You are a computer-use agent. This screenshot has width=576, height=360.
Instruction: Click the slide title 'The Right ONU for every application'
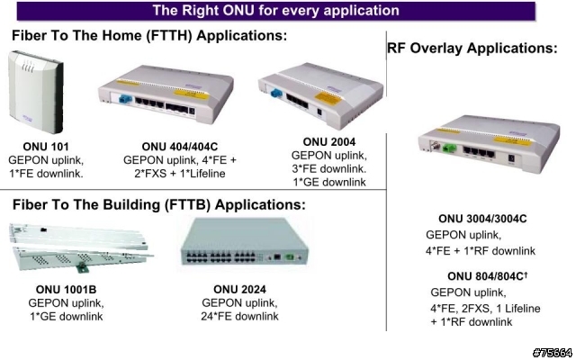tap(276, 10)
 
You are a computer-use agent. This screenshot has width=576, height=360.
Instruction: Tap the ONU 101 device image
tap(36, 92)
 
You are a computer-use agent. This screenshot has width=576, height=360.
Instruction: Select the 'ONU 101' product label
tap(46, 147)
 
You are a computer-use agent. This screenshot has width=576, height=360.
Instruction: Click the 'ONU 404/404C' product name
tap(180, 147)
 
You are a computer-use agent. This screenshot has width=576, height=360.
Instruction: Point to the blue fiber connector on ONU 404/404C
tap(124, 99)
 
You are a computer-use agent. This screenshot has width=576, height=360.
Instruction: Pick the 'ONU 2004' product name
tap(329, 142)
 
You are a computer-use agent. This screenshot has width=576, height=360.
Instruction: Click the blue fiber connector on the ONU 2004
tap(276, 92)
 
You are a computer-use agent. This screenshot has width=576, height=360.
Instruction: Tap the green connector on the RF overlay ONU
tap(449, 148)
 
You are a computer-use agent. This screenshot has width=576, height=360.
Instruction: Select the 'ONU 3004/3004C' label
tap(482, 219)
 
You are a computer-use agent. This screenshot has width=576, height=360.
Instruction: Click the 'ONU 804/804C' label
tap(485, 276)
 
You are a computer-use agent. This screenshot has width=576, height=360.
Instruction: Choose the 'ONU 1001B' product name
tap(66, 290)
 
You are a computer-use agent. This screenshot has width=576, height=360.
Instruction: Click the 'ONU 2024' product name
tap(239, 290)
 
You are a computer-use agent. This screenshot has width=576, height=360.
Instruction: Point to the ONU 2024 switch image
tap(245, 242)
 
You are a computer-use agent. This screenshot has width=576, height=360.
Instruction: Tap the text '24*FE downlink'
tap(239, 316)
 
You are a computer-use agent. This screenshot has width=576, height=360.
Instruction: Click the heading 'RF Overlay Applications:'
tap(472, 48)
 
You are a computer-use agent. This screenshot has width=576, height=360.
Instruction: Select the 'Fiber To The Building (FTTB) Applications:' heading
tap(159, 204)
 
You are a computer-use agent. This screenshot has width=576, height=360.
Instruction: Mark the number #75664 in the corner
tap(553, 353)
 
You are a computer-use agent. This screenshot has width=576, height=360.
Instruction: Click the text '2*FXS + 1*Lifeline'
tap(180, 174)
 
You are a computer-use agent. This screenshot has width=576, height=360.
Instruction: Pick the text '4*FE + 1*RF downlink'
tap(481, 251)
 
